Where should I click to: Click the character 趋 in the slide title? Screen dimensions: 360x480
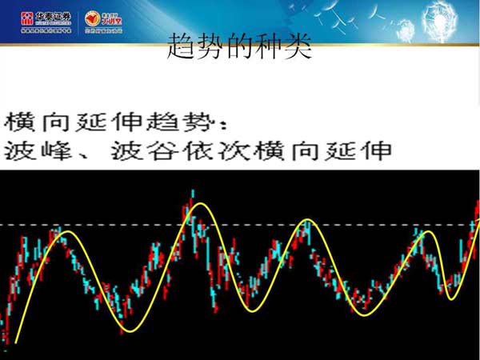[x=182, y=48]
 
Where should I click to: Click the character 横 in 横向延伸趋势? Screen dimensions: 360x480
[x=19, y=122]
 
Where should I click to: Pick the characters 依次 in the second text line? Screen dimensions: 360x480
[x=229, y=150]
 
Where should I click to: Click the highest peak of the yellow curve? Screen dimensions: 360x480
[x=199, y=206]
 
